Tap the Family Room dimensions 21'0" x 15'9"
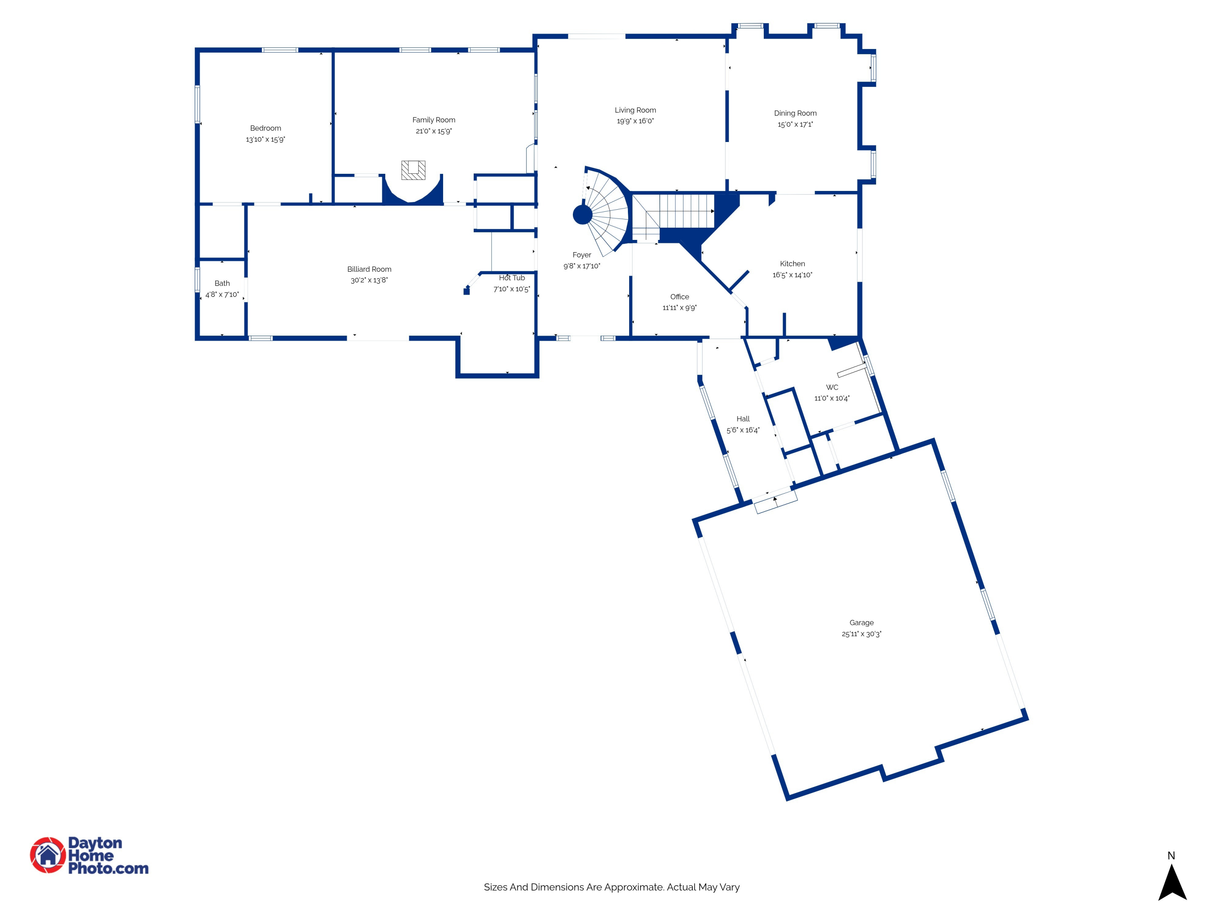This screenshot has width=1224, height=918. tap(434, 131)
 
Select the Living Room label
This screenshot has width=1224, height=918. tap(635, 110)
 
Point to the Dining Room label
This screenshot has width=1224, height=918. tap(795, 113)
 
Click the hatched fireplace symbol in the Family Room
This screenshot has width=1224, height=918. tap(413, 170)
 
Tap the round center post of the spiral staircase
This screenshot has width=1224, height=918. tap(583, 215)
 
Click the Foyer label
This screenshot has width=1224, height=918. tap(581, 255)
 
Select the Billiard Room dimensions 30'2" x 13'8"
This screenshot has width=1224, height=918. tap(369, 280)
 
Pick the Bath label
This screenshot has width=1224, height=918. tap(222, 283)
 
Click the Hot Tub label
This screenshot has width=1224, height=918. tap(512, 278)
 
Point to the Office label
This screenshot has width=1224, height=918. tap(679, 297)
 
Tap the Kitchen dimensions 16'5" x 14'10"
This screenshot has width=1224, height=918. tap(792, 275)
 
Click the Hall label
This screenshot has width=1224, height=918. tap(743, 419)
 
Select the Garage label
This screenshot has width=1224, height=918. tap(862, 623)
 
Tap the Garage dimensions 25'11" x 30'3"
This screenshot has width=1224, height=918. tap(862, 634)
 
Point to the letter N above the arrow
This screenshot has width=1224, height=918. tap(1171, 856)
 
